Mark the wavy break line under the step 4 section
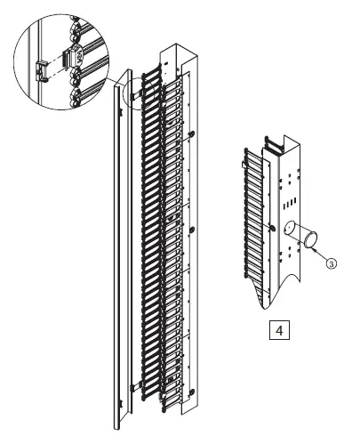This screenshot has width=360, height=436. click(x=267, y=298)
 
